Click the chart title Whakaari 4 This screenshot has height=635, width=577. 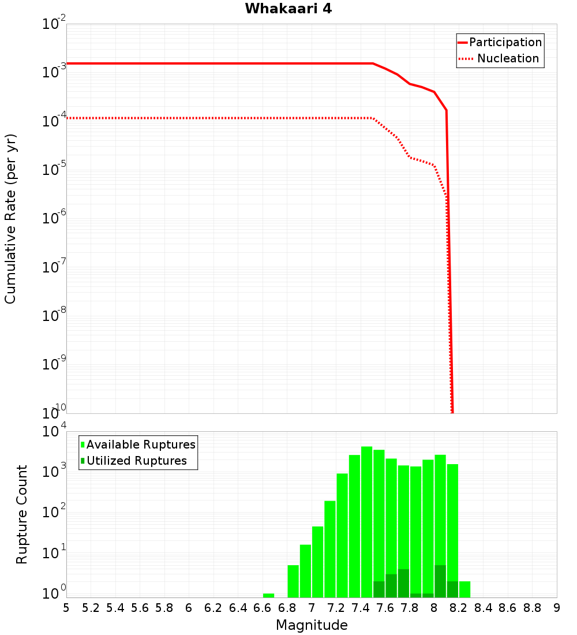[288, 9]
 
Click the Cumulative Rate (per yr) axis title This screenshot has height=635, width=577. [10, 219]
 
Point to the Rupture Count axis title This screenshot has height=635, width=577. [22, 514]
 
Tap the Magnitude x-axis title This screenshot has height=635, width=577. [312, 625]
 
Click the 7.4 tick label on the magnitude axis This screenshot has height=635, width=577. [360, 608]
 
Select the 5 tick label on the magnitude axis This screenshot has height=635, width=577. [66, 608]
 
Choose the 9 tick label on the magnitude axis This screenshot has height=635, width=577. [557, 608]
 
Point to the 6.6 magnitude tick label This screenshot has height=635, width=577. [263, 608]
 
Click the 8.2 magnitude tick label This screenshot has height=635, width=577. [459, 608]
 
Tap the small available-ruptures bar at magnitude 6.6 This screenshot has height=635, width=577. [268, 595]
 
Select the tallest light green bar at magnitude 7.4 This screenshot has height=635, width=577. [366, 520]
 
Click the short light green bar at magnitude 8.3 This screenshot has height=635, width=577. [464, 589]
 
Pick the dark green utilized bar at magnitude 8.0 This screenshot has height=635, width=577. [440, 581]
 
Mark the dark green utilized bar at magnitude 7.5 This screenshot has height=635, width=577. [379, 589]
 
